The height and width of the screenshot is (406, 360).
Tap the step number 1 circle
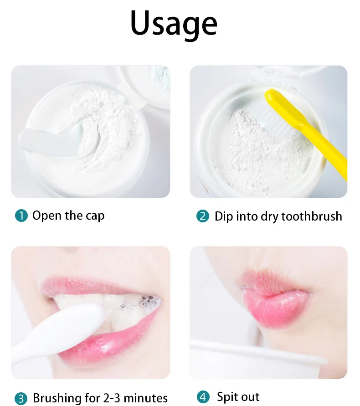21,216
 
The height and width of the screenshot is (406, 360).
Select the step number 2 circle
203,216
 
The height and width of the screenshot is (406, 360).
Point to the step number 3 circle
21,398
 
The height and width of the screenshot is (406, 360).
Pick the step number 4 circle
203,397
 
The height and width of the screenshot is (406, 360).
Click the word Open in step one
47,216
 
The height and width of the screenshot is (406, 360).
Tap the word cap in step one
94,216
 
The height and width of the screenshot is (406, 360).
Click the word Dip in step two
224,216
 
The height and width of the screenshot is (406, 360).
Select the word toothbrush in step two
311,216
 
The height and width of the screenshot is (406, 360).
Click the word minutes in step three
145,398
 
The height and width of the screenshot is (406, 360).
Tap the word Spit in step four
227,397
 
